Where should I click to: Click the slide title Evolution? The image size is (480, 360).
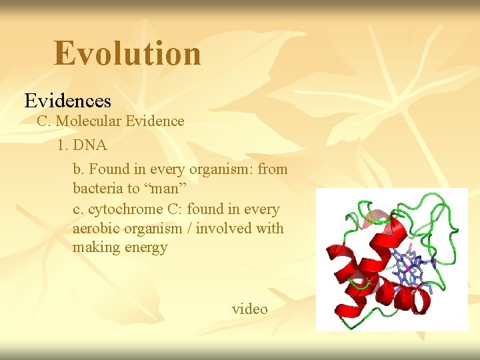(x=127, y=53)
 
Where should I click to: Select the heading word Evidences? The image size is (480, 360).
(x=67, y=101)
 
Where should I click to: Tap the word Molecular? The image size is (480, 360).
(x=93, y=121)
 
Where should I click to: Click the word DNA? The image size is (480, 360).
(x=91, y=145)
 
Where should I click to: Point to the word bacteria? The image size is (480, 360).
(x=97, y=189)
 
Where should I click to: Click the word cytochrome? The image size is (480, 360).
(x=124, y=209)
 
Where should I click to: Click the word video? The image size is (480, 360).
(x=249, y=309)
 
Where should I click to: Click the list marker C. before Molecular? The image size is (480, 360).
(x=43, y=121)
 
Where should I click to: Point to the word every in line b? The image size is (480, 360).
(x=167, y=169)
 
